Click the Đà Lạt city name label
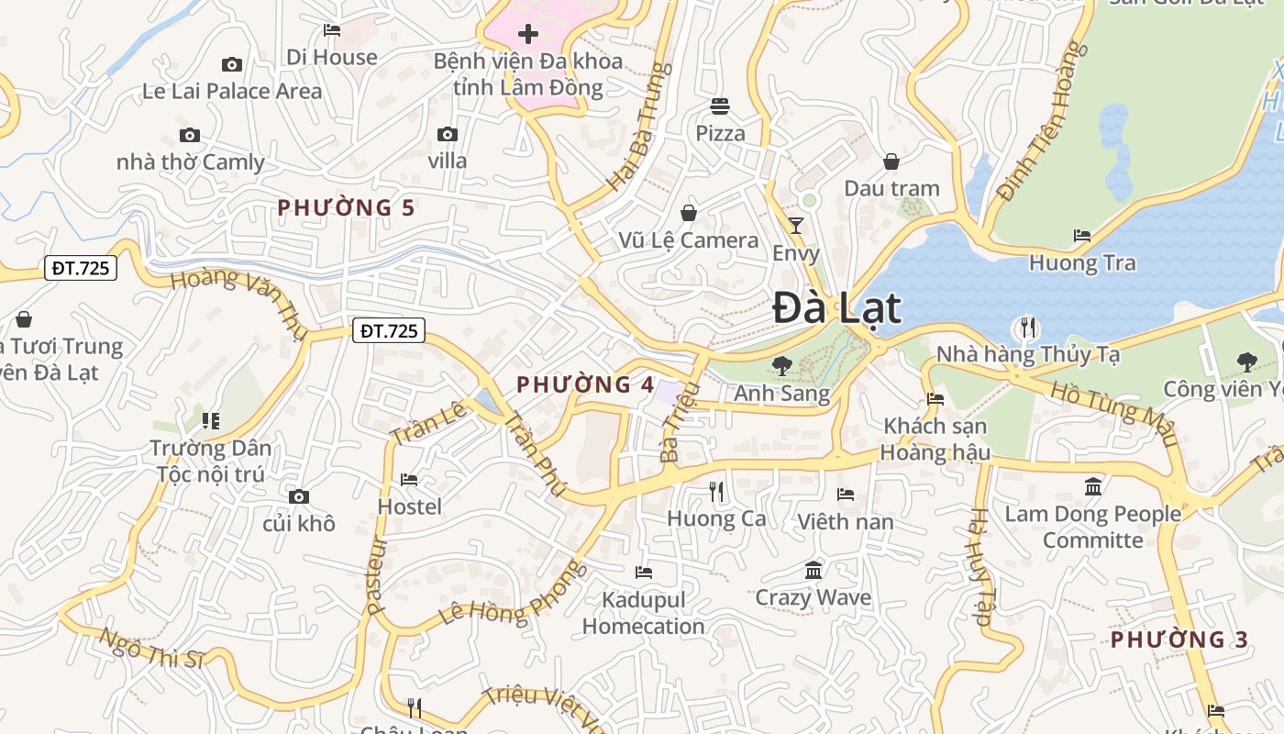[836, 308]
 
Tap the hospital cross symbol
[528, 35]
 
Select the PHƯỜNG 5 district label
[347, 207]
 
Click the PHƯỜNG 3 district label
[1179, 639]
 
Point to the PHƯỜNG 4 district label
[585, 384]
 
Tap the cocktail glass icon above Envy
[796, 226]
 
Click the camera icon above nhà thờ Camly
[190, 136]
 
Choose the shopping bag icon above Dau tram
[891, 162]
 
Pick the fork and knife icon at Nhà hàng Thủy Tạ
[1028, 327]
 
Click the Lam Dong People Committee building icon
[1092, 486]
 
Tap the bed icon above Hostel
[409, 480]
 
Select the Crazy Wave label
[813, 598]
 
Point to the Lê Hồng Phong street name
[513, 595]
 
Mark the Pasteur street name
[377, 576]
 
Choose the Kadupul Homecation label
[643, 613]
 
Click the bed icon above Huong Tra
[1082, 236]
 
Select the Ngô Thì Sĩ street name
[151, 649]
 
